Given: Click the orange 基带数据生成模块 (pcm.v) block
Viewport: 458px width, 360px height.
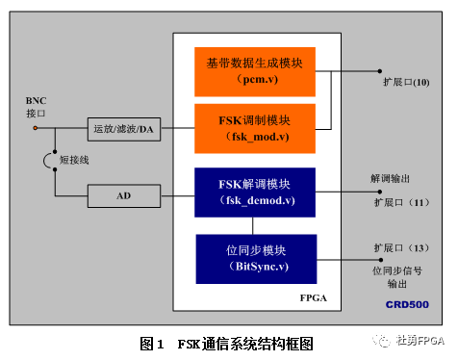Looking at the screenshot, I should click(254, 69).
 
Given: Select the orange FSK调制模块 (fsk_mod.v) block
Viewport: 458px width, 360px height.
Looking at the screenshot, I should click(254, 128).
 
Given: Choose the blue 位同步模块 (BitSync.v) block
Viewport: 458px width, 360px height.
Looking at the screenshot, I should click(256, 257).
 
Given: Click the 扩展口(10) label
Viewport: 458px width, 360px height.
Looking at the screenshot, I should click(405, 84).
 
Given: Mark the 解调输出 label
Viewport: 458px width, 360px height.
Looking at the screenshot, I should click(394, 178).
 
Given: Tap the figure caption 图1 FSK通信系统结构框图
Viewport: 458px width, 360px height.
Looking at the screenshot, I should click(227, 343).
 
